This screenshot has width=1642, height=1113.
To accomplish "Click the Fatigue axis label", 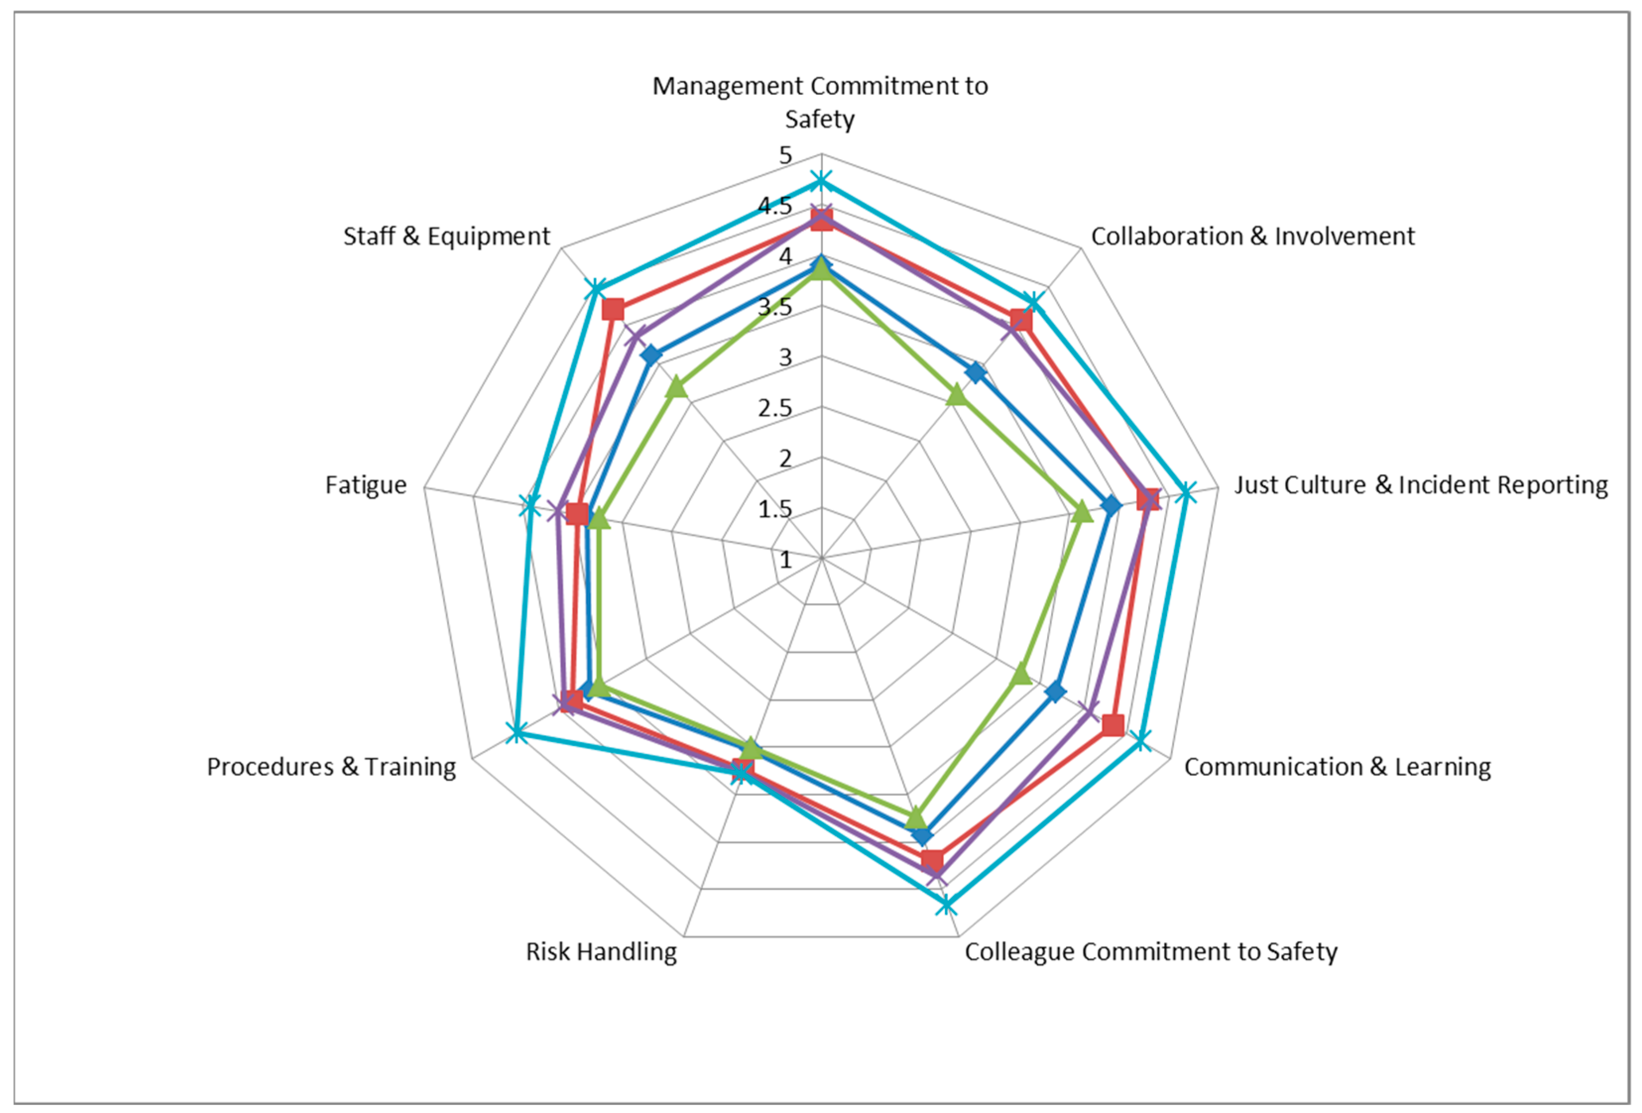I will click(x=365, y=485).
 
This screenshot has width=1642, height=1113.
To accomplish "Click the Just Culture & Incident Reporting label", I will click(x=1420, y=485).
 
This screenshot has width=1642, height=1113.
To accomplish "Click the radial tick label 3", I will click(x=786, y=357).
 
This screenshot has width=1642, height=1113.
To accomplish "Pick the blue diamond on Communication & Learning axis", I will click(x=1056, y=691).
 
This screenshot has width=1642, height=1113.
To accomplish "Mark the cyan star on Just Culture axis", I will click(x=1186, y=492).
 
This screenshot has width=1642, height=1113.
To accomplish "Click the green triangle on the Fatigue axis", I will click(x=598, y=520).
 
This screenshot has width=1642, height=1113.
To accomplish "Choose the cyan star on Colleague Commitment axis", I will click(x=946, y=904).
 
